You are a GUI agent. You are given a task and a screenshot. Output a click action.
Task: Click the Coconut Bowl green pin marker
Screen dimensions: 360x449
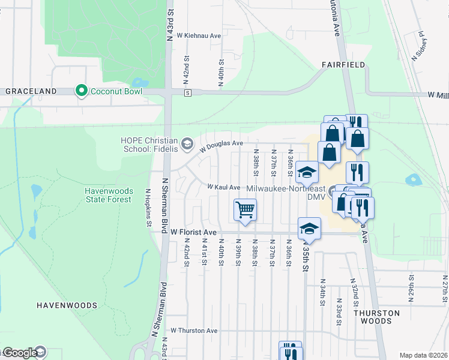pyautogui.click(x=81, y=91)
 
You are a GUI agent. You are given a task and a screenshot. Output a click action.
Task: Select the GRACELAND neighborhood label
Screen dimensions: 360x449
pyautogui.click(x=31, y=91)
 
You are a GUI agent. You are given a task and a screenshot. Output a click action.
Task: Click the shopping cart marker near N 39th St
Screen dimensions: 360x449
pyautogui.click(x=244, y=211)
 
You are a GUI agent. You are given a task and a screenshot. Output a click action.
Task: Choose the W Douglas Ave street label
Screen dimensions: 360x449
pyautogui.click(x=221, y=143)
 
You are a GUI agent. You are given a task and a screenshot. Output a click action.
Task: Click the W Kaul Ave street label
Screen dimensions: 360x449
pyautogui.click(x=224, y=187)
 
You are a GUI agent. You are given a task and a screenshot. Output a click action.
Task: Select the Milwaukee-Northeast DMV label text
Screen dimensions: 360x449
pyautogui.click(x=286, y=192)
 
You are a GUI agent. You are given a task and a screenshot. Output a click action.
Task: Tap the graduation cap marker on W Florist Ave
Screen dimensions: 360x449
pyautogui.click(x=309, y=228)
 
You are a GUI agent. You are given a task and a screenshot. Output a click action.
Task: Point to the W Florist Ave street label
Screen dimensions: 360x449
pyautogui.click(x=193, y=232)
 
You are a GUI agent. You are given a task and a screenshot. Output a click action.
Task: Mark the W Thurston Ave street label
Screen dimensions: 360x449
pyautogui.click(x=194, y=331)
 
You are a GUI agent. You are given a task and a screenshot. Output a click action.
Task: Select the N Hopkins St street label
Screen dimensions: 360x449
pyautogui.click(x=147, y=208)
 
